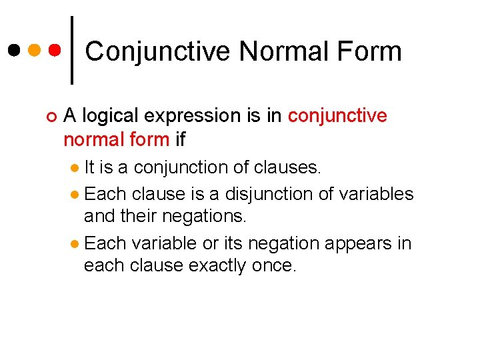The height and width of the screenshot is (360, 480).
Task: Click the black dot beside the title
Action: coord(14,50)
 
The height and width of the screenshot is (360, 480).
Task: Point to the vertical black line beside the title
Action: coord(72,50)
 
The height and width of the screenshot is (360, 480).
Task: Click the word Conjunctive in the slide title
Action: coord(157,51)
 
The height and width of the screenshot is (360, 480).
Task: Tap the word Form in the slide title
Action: coord(369,51)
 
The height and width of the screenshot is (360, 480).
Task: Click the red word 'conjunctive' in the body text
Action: coord(337,116)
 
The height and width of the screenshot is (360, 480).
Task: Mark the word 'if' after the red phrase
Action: coord(180,140)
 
